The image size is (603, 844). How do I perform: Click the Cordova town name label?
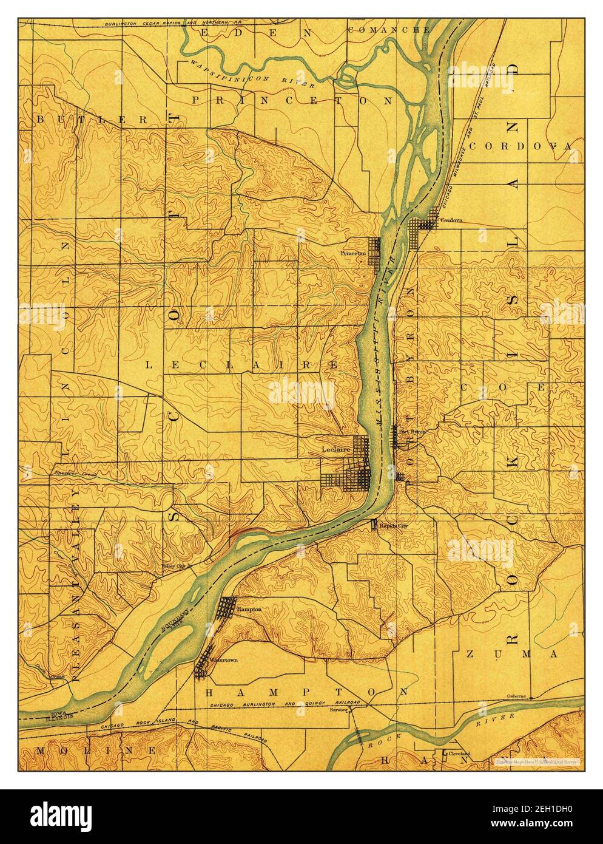(x=451, y=220)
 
